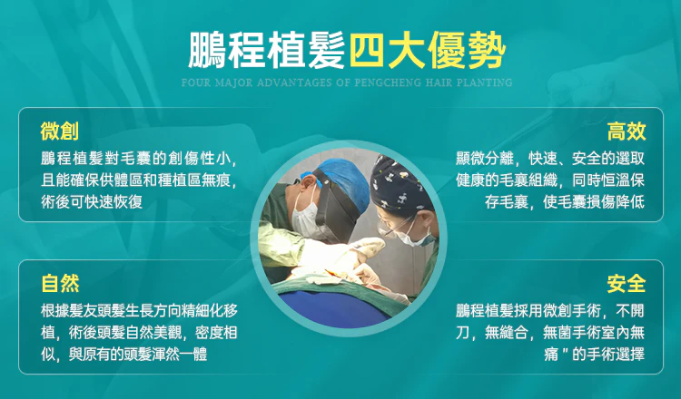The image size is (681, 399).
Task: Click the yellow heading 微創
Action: tap(60, 131)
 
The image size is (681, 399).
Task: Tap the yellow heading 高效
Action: tap(627, 131)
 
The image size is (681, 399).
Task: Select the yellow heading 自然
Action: tap(60, 284)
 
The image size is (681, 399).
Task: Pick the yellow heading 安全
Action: tap(627, 284)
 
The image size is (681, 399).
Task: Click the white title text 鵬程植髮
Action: tap(267, 50)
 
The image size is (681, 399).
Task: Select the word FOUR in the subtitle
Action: tap(196, 82)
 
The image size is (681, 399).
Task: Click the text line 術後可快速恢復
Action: tap(92, 201)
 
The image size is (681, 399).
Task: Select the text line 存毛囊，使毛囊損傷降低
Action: tap(565, 201)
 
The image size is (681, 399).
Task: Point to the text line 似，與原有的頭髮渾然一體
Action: tap(123, 355)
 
